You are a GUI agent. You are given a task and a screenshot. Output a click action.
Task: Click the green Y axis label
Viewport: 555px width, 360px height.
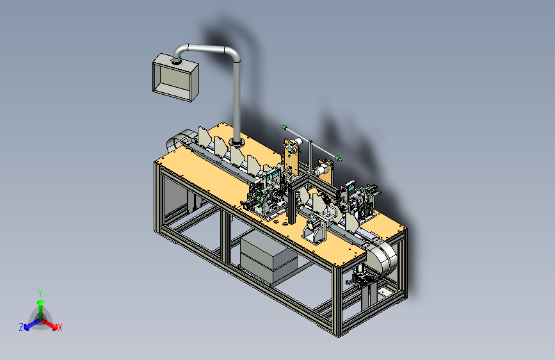(40, 293)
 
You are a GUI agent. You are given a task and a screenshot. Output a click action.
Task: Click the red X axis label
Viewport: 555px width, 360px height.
(60, 327)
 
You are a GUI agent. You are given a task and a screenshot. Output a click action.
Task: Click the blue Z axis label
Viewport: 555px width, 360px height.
(21, 327)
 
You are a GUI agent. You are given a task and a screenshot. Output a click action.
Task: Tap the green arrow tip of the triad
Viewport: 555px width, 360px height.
(41, 302)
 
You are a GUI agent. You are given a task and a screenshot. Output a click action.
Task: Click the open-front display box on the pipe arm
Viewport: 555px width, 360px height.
(175, 78)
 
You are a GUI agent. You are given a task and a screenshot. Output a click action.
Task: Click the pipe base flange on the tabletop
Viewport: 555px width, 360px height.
(236, 142)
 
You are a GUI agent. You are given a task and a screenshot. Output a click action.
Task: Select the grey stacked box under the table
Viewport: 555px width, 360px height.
(268, 257)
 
